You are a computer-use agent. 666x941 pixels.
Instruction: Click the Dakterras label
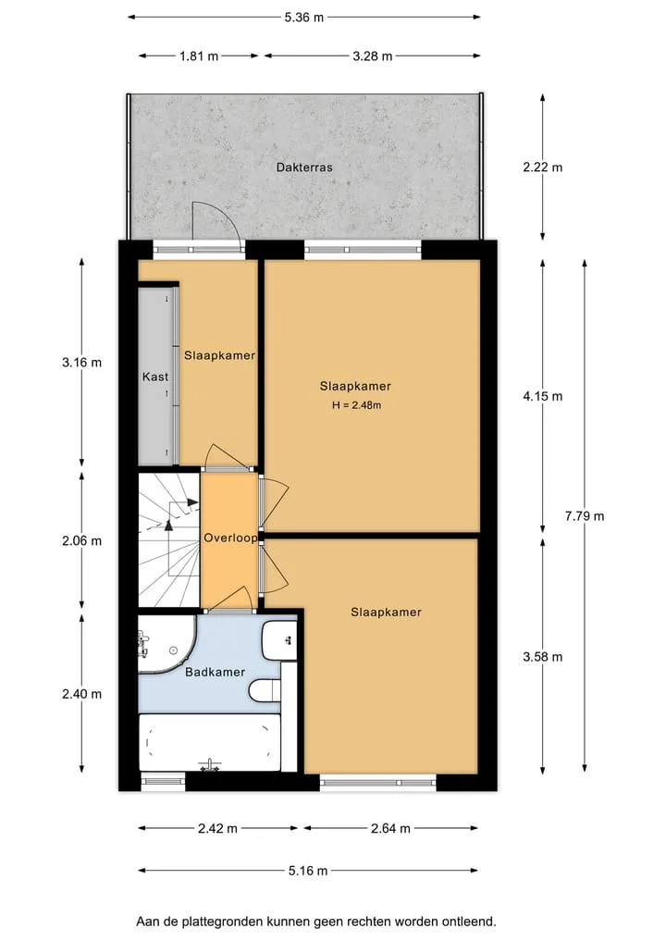[x=304, y=167]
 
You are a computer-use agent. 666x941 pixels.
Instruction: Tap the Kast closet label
[x=155, y=377]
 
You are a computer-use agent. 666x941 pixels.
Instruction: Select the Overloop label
[x=230, y=538]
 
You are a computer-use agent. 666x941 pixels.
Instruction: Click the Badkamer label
[x=215, y=672]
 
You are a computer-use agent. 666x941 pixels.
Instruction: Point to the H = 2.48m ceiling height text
[x=356, y=405]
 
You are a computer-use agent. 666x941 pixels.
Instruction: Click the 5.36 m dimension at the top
[x=304, y=18]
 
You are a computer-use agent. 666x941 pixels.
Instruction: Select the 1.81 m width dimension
[x=199, y=56]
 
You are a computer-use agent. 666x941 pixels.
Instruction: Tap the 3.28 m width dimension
[x=372, y=56]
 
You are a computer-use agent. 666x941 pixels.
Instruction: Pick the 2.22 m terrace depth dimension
[x=543, y=167]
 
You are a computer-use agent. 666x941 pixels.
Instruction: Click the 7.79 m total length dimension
[x=585, y=516]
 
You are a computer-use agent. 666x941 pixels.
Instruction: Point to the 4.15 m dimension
[x=543, y=396]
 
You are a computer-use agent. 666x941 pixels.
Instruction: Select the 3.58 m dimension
[x=543, y=657]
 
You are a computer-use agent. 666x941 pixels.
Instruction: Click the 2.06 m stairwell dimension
[x=81, y=541]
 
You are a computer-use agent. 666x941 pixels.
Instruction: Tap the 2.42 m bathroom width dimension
[x=217, y=829]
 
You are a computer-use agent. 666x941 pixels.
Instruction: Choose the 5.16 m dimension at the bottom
[x=308, y=871]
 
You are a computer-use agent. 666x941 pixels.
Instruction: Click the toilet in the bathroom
[x=265, y=690]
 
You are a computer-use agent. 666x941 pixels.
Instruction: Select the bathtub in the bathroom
[x=210, y=743]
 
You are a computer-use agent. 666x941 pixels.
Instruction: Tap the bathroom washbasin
[x=279, y=640]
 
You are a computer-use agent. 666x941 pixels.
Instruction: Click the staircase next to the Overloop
[x=168, y=540]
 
